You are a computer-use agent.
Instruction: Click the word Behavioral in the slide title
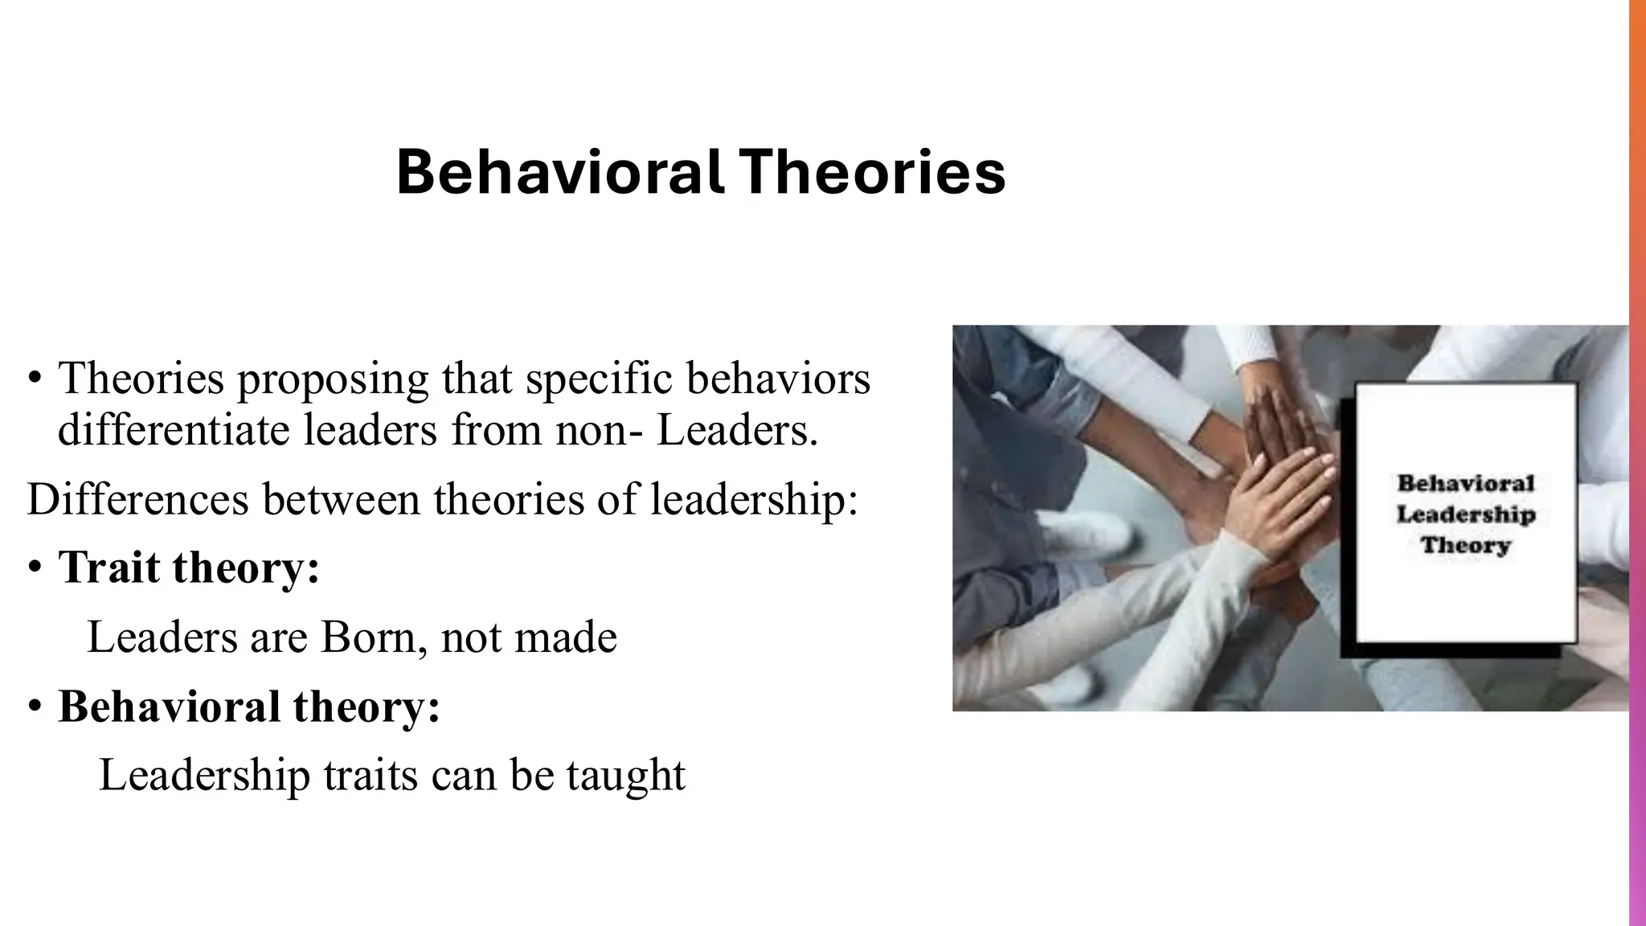(x=559, y=172)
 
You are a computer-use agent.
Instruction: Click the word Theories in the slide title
(x=872, y=172)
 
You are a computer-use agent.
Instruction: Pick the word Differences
(x=137, y=499)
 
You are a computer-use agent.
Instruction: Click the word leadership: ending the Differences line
(x=754, y=499)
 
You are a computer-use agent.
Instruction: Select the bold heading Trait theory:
(x=189, y=567)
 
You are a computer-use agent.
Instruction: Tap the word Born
(x=368, y=637)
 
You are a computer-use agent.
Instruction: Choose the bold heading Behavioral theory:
(x=249, y=707)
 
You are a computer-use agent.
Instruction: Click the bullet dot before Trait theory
(x=34, y=568)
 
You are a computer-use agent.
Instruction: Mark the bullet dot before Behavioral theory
(x=34, y=707)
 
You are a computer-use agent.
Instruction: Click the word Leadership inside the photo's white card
(x=1465, y=514)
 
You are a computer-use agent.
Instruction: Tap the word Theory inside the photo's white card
(x=1465, y=546)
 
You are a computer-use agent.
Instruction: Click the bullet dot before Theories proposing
(x=34, y=379)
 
